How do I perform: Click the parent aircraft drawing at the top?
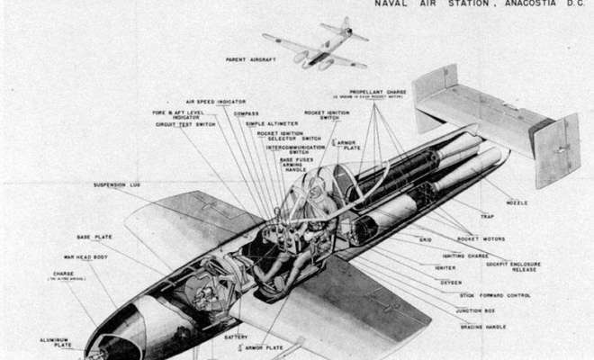(315, 45)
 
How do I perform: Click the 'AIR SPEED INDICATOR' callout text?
(216, 102)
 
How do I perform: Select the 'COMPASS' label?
(247, 113)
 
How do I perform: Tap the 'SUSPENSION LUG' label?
(116, 185)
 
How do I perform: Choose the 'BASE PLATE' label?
(94, 237)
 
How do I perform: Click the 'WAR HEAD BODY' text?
(85, 256)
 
